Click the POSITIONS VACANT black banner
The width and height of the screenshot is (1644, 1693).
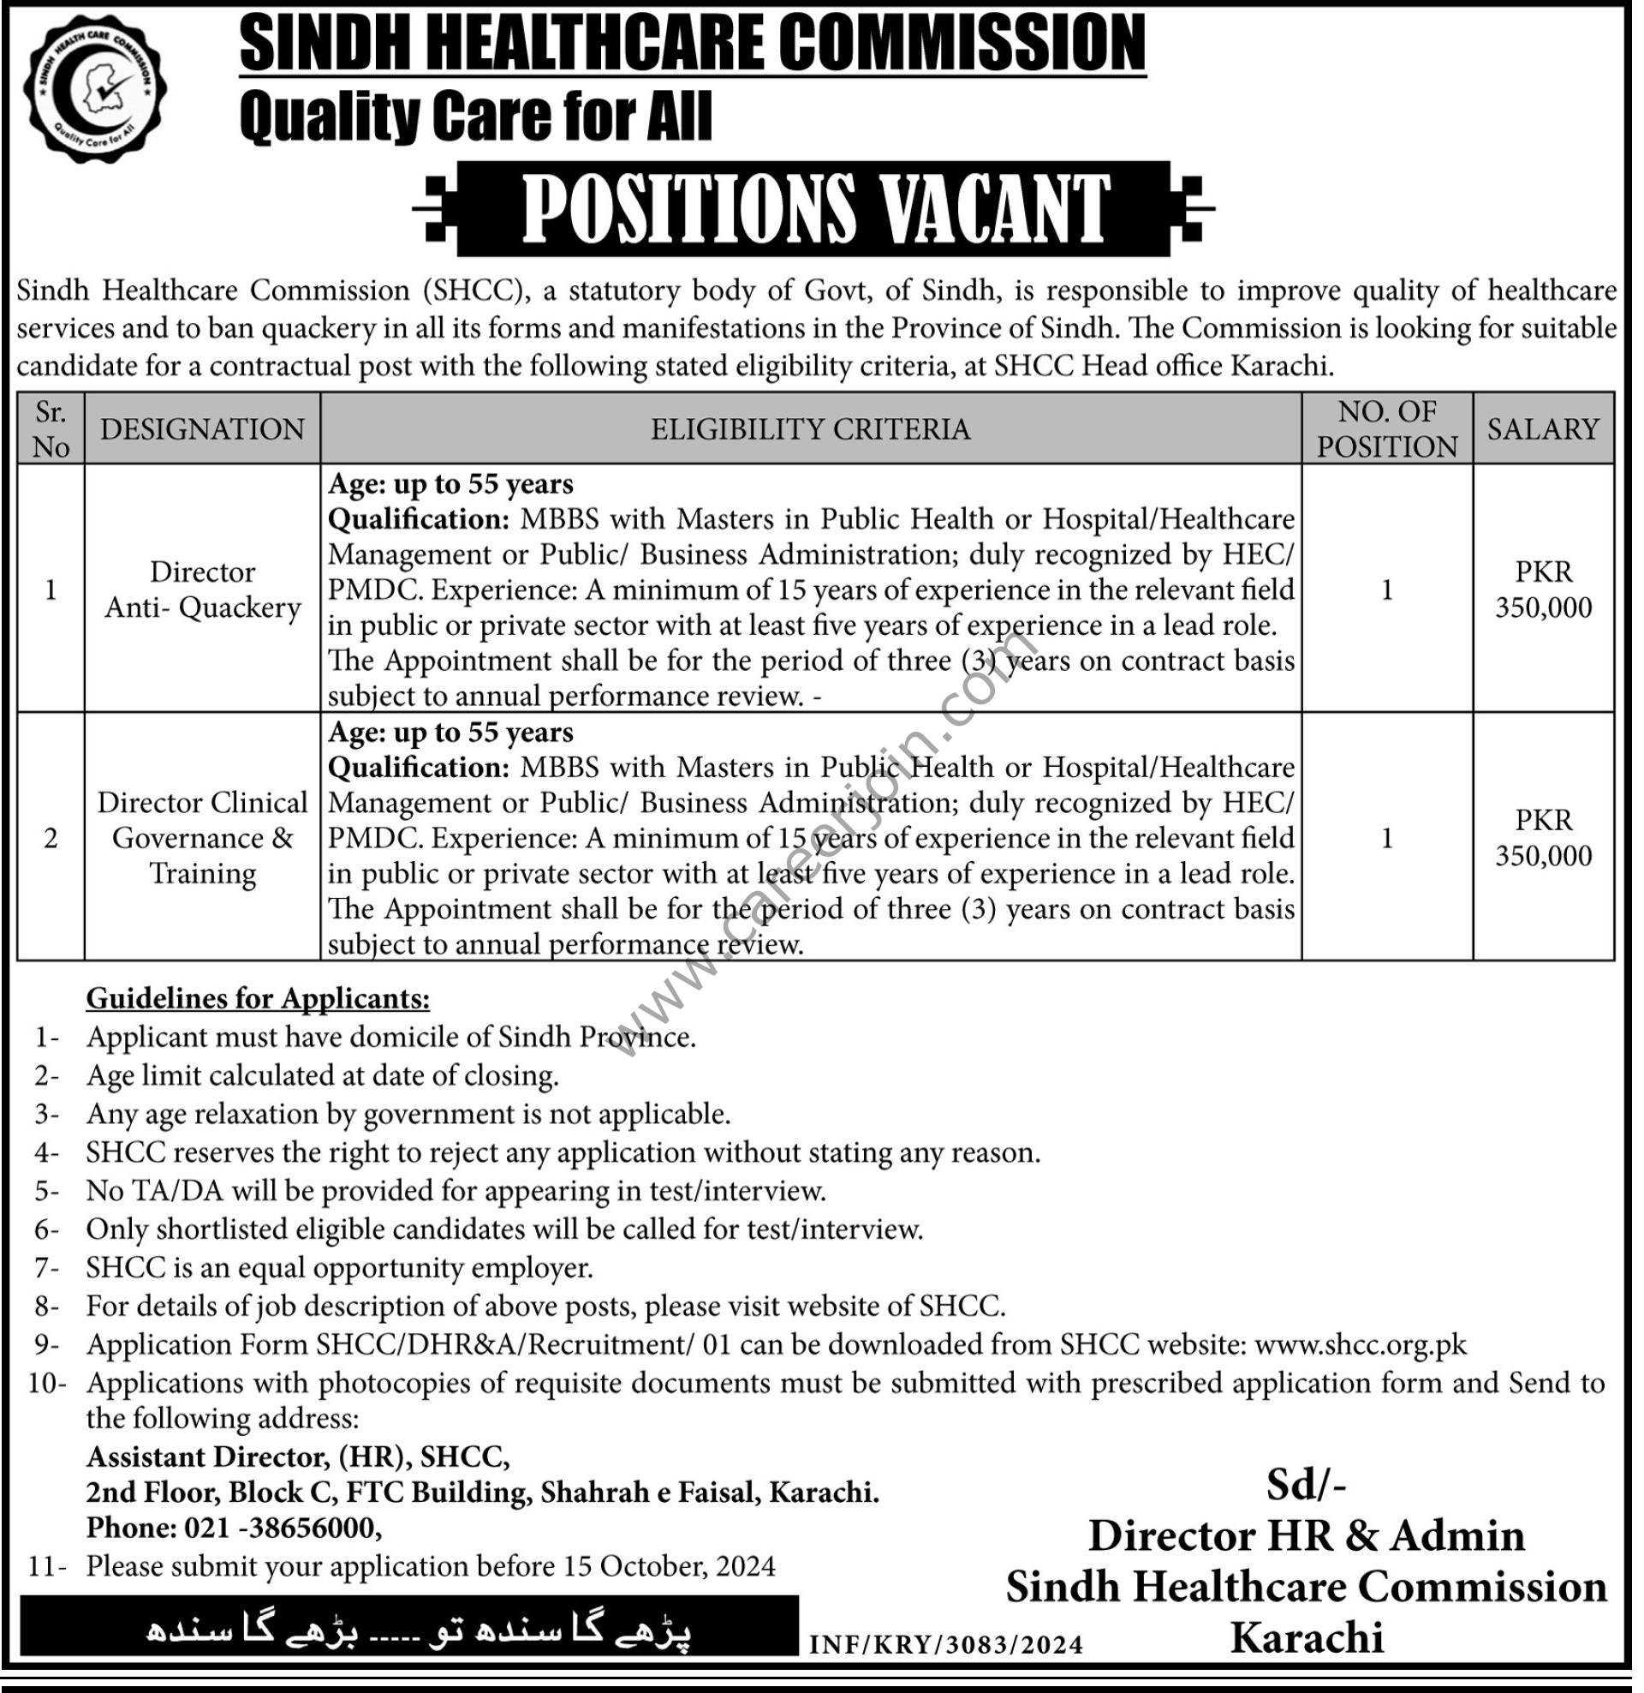click(x=813, y=208)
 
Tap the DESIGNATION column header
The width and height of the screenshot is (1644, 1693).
click(x=202, y=429)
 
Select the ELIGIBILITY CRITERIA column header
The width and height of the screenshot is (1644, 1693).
click(x=810, y=429)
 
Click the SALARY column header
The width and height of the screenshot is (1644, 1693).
click(x=1543, y=429)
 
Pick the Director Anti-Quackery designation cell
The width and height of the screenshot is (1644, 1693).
click(x=202, y=589)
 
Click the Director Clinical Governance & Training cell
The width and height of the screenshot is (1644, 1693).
click(x=202, y=838)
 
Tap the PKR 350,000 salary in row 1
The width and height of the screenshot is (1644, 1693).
click(x=1543, y=589)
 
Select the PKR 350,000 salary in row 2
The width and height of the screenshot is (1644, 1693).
click(x=1543, y=838)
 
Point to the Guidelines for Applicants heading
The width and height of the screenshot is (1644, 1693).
click(x=258, y=998)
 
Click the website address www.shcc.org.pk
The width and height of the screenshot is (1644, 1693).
click(x=1360, y=1345)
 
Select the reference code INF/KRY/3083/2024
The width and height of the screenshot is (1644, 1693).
click(x=945, y=1645)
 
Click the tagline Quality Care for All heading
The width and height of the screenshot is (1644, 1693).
click(x=476, y=117)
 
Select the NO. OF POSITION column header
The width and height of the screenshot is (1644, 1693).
click(x=1386, y=429)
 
